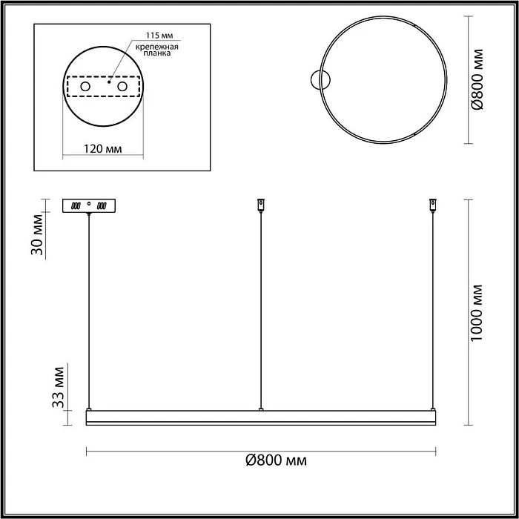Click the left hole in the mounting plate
tap(85, 87)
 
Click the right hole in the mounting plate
tap(122, 87)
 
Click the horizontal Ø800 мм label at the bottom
tap(275, 460)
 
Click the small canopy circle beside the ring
tap(321, 79)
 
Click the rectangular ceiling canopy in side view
tap(89, 205)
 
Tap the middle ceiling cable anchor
tap(259, 203)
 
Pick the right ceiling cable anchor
tap(432, 203)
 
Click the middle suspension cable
tap(260, 311)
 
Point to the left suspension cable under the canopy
tap(89, 311)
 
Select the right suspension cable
tap(433, 311)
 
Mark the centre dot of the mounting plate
tap(110, 83)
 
